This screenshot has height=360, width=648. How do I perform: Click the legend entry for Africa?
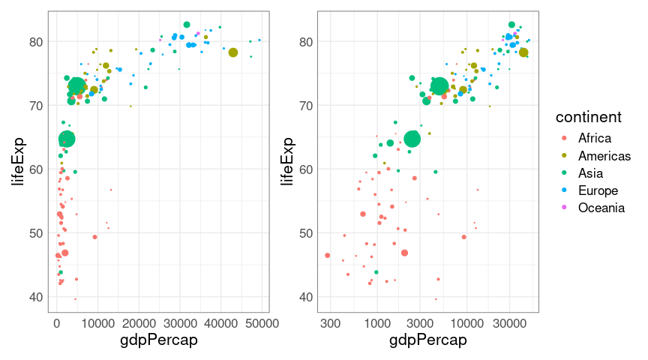(x=594, y=138)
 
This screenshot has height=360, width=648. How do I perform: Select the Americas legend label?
(x=604, y=156)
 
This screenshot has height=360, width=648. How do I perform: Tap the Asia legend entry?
(x=591, y=173)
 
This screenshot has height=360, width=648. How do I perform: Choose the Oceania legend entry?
(x=601, y=208)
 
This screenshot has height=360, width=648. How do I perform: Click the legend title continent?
(x=587, y=118)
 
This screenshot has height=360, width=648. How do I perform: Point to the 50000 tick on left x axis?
(x=262, y=323)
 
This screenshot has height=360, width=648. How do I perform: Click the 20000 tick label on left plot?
(x=139, y=323)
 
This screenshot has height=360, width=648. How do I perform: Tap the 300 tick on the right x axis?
(x=330, y=323)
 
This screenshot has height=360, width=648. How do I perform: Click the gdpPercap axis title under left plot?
(x=159, y=340)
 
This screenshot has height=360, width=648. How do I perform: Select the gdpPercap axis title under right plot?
(x=428, y=340)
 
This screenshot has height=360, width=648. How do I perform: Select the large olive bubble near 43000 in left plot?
(x=233, y=52)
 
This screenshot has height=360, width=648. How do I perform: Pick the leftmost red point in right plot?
(x=328, y=255)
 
